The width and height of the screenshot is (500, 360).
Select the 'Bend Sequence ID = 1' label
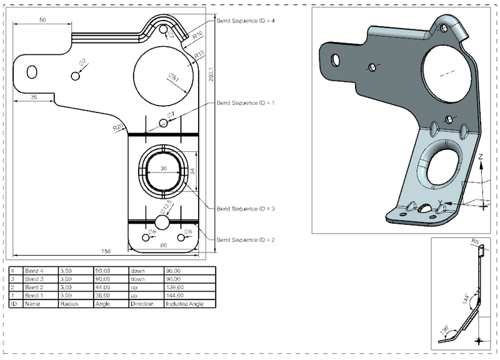245,102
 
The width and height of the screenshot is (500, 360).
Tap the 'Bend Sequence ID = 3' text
245,209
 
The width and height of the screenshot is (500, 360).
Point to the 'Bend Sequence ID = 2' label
245,240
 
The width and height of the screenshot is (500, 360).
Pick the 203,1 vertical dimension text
211,75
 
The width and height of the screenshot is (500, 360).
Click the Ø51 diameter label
174,79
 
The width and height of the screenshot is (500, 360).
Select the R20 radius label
117,127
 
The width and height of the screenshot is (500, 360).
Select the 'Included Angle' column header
181,302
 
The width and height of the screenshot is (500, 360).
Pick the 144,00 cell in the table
174,294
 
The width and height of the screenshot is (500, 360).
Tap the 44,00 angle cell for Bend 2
102,286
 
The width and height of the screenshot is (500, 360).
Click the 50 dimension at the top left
42,21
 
